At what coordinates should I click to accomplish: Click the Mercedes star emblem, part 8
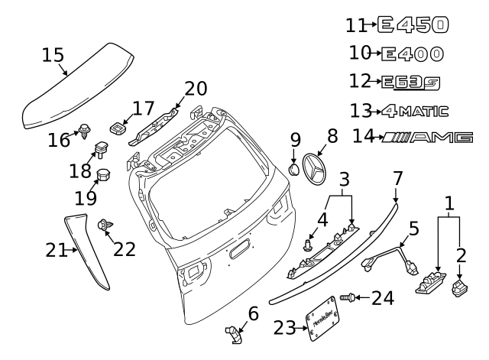pyautogui.click(x=318, y=170)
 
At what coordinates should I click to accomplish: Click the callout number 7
pyautogui.click(x=397, y=178)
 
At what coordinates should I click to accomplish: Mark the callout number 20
pyautogui.click(x=195, y=89)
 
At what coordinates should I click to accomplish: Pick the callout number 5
pyautogui.click(x=413, y=228)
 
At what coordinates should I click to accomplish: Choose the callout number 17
pyautogui.click(x=143, y=109)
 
